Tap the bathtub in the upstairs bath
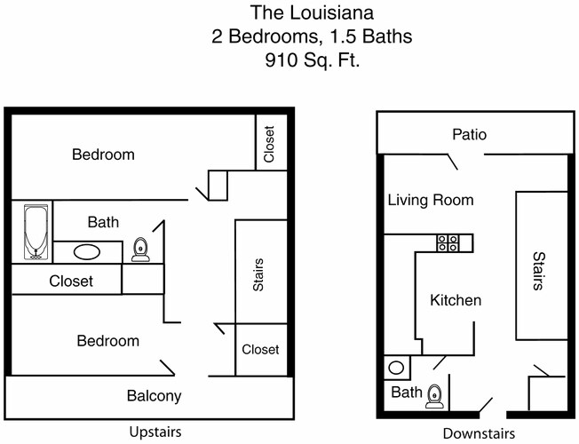[33, 232]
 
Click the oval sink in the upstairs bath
[87, 251]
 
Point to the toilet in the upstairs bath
[140, 250]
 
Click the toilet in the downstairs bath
[434, 396]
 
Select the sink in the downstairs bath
[397, 367]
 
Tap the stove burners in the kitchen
[448, 242]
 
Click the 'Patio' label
[469, 135]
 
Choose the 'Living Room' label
[430, 200]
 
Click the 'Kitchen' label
[456, 300]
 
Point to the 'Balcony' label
[154, 396]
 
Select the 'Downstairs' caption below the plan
[479, 433]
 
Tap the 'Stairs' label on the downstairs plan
[538, 271]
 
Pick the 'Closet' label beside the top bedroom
[270, 142]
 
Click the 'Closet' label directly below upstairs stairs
[260, 350]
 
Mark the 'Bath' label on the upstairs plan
[103, 222]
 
